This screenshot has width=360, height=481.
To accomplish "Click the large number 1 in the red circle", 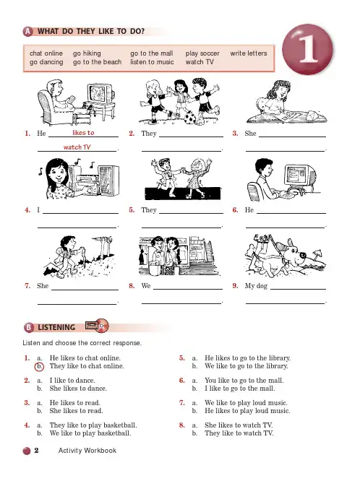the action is point(309,49).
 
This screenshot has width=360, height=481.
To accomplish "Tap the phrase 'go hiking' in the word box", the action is point(87,53).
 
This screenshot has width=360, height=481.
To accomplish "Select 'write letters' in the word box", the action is point(249,53).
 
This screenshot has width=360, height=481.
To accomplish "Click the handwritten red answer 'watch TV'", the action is point(77,147).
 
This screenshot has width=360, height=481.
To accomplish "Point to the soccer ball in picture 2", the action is point(190,118).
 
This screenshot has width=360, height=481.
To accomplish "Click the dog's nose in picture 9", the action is point(303,255).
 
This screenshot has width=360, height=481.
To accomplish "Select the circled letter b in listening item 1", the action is point(39,366).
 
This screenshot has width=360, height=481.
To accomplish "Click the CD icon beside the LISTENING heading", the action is point(102,326).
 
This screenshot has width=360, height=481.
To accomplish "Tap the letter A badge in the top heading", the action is point(27,31).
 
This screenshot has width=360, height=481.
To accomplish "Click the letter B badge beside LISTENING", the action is point(29,327).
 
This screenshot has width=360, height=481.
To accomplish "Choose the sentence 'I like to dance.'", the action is point(72,381).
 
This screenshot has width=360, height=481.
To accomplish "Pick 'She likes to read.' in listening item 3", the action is point(76,411).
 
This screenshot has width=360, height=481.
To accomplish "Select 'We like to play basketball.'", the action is point(90,433).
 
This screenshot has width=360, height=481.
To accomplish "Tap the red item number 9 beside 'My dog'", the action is point(235,286).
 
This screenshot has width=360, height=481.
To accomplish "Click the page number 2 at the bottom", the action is point(36,451).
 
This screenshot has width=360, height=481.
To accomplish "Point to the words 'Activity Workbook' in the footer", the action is point(87,451).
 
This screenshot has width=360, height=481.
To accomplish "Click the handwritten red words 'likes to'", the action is point(83,133).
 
